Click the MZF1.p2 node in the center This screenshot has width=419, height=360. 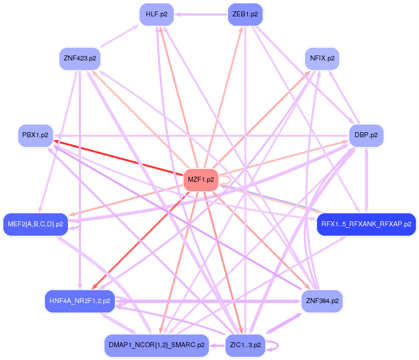[x=201, y=180]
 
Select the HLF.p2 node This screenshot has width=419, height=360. [x=156, y=14]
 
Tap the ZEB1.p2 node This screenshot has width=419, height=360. [x=245, y=14]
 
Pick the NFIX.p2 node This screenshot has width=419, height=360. [x=322, y=58]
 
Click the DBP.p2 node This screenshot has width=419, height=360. [x=366, y=135]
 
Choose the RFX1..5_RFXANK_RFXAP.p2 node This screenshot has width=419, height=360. [x=366, y=224]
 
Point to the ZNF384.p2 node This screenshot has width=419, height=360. [x=322, y=301]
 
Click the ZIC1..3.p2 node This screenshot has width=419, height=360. [x=245, y=345]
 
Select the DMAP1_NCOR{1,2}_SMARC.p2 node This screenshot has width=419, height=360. [x=156, y=345]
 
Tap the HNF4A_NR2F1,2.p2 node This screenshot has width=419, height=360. [x=80, y=301]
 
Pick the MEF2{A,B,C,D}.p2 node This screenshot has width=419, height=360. [x=35, y=224]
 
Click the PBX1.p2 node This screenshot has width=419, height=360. [x=35, y=135]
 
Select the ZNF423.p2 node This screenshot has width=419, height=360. [x=80, y=58]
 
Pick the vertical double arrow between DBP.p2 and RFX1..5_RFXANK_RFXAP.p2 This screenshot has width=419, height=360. [x=366, y=179]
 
